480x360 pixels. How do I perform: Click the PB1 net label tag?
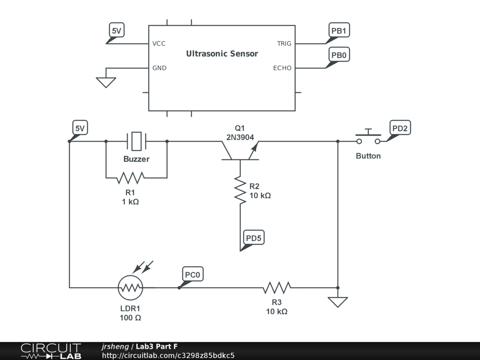click(339, 30)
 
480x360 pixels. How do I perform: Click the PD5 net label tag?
click(254, 238)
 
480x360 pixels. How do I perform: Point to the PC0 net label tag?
click(192, 274)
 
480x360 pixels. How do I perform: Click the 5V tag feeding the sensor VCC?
click(116, 30)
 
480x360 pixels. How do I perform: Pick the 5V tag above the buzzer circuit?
click(80, 127)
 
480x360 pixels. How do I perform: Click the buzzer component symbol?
click(136, 141)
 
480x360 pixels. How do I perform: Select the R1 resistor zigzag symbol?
click(130, 178)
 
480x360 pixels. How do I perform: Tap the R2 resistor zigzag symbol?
click(240, 190)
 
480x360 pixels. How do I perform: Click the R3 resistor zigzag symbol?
click(277, 288)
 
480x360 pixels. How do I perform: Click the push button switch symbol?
click(368, 137)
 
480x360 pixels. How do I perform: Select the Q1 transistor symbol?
click(240, 150)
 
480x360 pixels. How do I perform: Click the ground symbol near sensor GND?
click(106, 82)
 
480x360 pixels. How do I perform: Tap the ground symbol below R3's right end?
click(337, 302)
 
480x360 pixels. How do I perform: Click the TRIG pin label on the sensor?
click(284, 44)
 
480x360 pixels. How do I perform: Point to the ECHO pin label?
click(282, 68)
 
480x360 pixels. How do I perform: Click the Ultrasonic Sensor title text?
click(222, 53)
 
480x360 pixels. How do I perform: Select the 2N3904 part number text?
click(240, 137)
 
